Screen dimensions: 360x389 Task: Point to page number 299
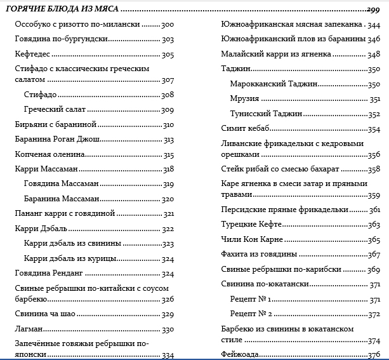pyautogui.click(x=373, y=10)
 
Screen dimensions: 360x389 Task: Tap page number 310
pyautogui.click(x=168, y=124)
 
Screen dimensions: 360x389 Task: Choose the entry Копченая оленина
pyautogui.click(x=49, y=155)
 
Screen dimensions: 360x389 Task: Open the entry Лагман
pyautogui.click(x=28, y=330)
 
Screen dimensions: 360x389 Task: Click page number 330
pyautogui.click(x=168, y=330)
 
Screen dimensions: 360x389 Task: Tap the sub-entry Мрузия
pyautogui.click(x=244, y=98)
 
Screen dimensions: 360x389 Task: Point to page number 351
pyautogui.click(x=374, y=98)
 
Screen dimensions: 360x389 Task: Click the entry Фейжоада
pyautogui.click(x=239, y=354)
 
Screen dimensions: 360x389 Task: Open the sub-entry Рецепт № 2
pyautogui.click(x=251, y=314)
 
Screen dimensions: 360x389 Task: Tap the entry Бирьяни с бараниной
pyautogui.click(x=55, y=124)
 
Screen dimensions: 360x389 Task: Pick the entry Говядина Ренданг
pyautogui.click(x=49, y=274)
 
